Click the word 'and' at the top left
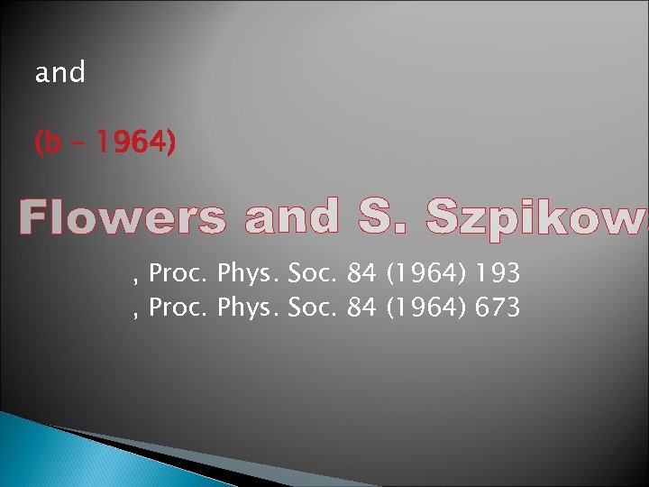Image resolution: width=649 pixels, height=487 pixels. click(59, 72)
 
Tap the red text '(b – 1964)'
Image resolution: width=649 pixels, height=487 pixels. click(105, 142)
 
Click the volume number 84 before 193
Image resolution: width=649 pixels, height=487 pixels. click(361, 273)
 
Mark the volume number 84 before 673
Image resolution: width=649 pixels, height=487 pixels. click(361, 308)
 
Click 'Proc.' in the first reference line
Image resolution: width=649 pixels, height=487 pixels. click(178, 273)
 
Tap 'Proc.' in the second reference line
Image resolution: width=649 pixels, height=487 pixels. click(178, 308)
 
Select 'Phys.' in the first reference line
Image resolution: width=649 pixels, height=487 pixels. click(248, 274)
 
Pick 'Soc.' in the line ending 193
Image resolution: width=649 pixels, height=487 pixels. click(313, 273)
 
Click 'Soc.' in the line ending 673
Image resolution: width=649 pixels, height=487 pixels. click(313, 308)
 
